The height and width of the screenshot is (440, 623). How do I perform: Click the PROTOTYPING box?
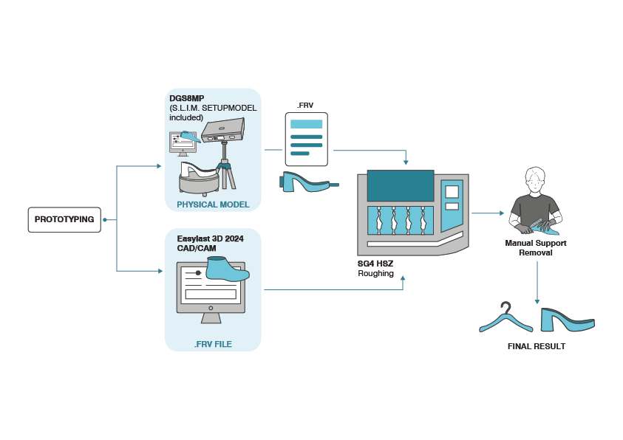point(64,219)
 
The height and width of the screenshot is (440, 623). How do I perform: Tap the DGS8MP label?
point(186,98)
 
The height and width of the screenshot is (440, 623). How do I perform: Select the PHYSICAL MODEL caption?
point(212,204)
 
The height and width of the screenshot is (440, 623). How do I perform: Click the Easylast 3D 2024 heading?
point(210,238)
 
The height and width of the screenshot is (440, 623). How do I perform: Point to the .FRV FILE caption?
point(213,343)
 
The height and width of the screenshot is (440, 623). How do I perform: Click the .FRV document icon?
point(306,138)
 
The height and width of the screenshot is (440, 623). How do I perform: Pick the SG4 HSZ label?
point(375,264)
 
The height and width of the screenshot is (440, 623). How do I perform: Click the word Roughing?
point(375,274)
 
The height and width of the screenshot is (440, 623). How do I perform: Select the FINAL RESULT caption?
point(536,346)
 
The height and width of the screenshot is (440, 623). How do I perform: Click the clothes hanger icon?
point(505,318)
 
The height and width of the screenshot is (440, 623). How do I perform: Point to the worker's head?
point(534,179)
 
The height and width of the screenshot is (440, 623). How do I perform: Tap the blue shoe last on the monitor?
point(226,269)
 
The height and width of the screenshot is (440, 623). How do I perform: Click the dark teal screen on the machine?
point(400,185)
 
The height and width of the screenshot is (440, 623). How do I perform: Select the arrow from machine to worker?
point(488,213)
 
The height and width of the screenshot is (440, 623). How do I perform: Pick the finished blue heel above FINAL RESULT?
point(566,320)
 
